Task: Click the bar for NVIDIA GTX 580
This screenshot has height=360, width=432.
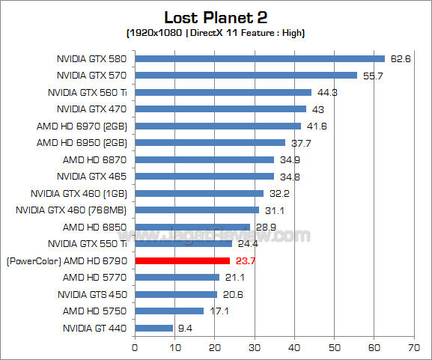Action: pyautogui.click(x=259, y=58)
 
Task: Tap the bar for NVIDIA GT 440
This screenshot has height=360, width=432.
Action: pyautogui.click(x=153, y=328)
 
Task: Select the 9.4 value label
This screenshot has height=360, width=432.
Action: pyautogui.click(x=185, y=328)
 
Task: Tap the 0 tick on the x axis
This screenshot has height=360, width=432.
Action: pyautogui.click(x=135, y=348)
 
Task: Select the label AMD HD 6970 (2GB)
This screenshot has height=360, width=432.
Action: pyautogui.click(x=82, y=126)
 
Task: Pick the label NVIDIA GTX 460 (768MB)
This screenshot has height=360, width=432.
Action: pyautogui.click(x=71, y=210)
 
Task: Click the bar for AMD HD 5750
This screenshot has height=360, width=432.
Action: pyautogui.click(x=168, y=311)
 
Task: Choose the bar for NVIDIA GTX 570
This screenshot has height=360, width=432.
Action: pyautogui.click(x=246, y=75)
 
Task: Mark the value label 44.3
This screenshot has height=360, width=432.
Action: pyautogui.click(x=326, y=92)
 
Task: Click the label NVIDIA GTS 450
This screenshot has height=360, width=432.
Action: pyautogui.click(x=90, y=294)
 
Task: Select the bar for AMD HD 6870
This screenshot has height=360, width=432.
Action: pyautogui.click(x=204, y=159)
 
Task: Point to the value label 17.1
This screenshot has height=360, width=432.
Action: pyautogui.click(x=218, y=311)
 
